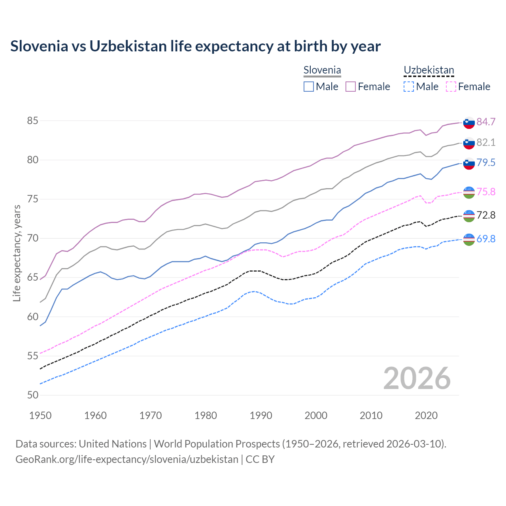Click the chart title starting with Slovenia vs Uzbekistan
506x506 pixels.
(x=195, y=46)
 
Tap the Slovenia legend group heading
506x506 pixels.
(x=322, y=70)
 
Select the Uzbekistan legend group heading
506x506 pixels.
(x=429, y=70)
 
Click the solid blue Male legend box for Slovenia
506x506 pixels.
(x=309, y=87)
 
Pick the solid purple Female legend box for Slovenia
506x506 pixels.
(x=351, y=87)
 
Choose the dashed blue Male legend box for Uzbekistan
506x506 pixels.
(x=409, y=87)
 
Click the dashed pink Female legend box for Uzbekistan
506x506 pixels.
(x=451, y=87)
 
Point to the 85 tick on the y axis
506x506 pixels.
(x=32, y=121)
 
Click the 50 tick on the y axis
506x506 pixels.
(x=32, y=395)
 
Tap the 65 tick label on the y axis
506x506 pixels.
(x=32, y=278)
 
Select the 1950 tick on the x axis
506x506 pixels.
(x=40, y=415)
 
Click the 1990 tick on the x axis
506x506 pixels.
(x=261, y=415)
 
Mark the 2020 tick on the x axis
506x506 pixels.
(x=426, y=415)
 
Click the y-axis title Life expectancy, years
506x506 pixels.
(x=17, y=253)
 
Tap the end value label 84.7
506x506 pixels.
(x=486, y=122)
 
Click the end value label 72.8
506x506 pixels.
(x=486, y=215)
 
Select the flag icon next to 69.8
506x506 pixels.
(x=469, y=239)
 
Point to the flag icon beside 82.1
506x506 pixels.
(x=469, y=143)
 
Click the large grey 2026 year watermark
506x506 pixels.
(x=417, y=378)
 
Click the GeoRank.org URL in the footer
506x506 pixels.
(x=127, y=459)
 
